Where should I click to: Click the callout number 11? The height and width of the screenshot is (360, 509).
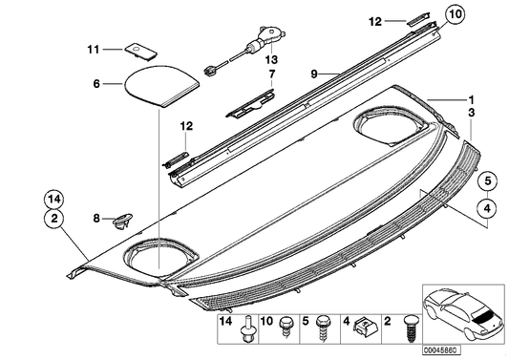click(93, 50)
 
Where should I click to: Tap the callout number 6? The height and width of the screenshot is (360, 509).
click(95, 84)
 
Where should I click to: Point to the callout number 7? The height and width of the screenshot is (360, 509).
click(270, 74)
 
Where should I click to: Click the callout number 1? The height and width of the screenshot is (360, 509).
click(469, 98)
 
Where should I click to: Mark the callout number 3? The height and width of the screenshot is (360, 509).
click(470, 113)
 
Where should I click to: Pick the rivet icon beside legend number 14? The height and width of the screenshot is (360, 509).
click(248, 329)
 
